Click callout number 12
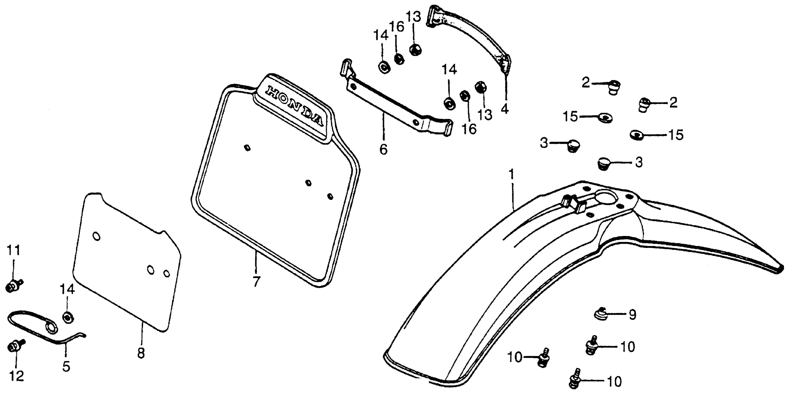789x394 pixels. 16,376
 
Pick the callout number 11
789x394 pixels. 14,250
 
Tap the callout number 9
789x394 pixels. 632,315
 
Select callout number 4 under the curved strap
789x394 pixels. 505,108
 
